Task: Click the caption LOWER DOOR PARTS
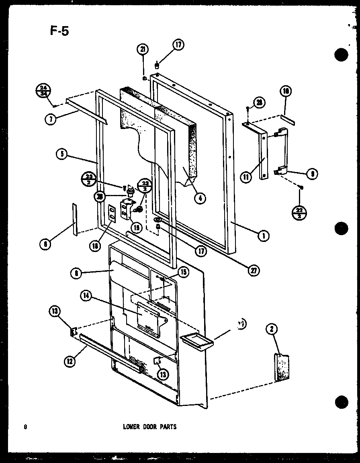coord(149,427)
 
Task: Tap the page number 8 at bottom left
coord(25,427)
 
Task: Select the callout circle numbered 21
coord(142,49)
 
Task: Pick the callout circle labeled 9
coord(312,174)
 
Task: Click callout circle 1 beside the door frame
coord(264,236)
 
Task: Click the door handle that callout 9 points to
coord(281,151)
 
